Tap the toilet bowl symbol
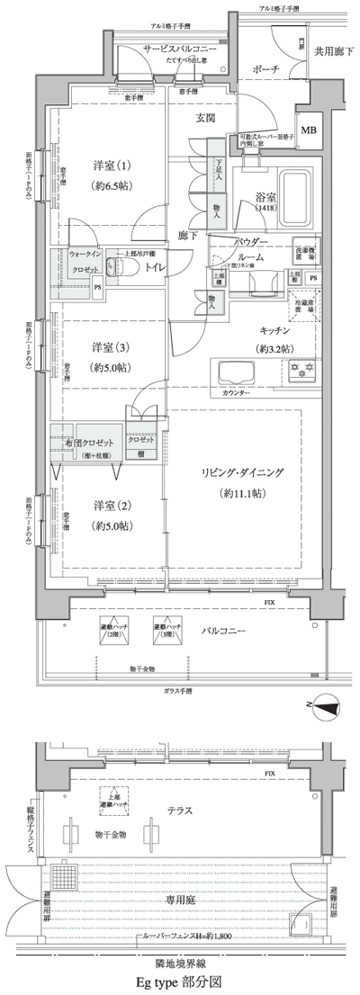tap(116, 266)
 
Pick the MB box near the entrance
tap(309, 130)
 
